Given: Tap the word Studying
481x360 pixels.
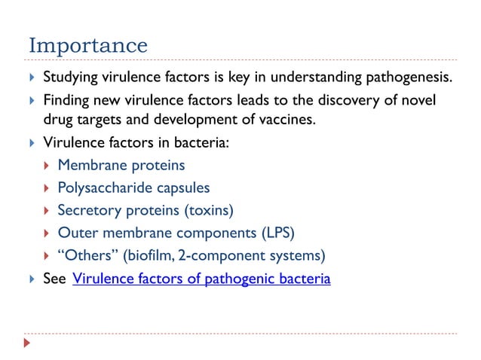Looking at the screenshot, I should coord(72,78).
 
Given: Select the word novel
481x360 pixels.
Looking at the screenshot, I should coord(419,100).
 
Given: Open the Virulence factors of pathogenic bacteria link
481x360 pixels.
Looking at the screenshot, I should coord(201,280).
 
